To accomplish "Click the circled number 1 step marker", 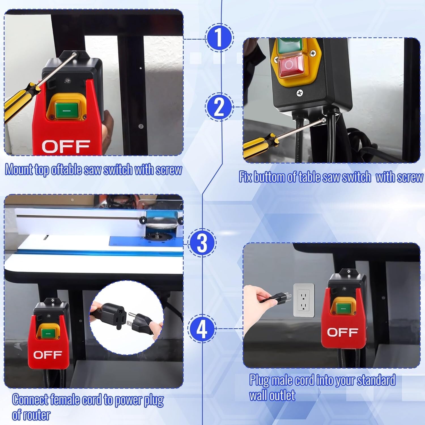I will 219,38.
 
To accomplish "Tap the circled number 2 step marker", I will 219,107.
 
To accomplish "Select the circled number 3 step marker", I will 202,243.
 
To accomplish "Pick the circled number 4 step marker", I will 202,329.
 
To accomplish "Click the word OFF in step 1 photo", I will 66,146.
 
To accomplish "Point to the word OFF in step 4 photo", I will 342,332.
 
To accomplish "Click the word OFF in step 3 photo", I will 47,354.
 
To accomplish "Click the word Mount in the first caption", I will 19,170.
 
